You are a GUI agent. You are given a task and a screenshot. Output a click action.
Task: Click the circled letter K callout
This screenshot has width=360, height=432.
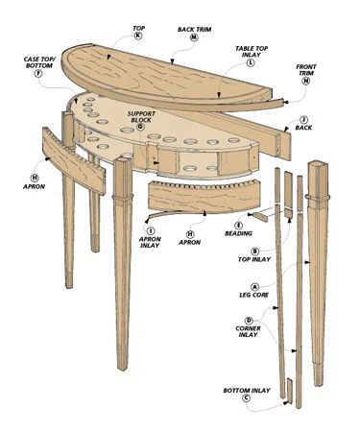coord(138,36)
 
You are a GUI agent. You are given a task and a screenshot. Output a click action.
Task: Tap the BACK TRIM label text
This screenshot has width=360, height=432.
coord(194,30)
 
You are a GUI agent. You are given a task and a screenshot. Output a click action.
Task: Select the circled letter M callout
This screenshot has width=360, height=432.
coord(194,37)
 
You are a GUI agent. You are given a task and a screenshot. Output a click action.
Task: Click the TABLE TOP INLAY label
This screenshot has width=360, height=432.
coord(252,52)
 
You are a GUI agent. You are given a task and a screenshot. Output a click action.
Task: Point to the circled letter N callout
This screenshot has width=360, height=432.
coord(306,81)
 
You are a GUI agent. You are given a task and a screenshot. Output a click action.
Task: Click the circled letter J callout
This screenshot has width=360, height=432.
coord(304,120)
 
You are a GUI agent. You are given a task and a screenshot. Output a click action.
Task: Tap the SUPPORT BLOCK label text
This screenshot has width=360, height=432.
coord(141,117)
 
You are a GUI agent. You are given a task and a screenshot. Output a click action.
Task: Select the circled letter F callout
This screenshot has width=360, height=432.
coord(38,74)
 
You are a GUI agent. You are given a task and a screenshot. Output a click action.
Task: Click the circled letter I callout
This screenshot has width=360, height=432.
coord(151,230)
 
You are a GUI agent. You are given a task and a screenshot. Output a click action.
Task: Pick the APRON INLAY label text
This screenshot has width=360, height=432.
coord(150,242)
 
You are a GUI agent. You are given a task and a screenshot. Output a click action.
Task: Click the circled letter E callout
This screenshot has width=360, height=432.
coord(238,226)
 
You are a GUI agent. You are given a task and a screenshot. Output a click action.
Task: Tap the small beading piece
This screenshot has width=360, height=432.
coord(260,217)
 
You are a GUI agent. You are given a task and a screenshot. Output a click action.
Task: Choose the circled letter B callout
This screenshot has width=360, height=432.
coord(255,252)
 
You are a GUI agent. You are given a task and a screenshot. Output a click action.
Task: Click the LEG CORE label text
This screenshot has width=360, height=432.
coord(254,295)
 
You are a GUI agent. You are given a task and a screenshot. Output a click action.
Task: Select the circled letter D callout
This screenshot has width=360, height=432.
coord(249,321)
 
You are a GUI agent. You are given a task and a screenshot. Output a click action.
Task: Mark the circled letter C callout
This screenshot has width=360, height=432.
coord(246,398)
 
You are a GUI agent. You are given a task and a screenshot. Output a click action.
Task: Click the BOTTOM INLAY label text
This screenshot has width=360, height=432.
coord(247,391)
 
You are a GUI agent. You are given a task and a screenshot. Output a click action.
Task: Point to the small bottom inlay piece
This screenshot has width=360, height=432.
coord(290,390)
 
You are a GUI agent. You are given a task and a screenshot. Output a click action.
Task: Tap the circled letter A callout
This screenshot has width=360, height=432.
coord(255,286)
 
